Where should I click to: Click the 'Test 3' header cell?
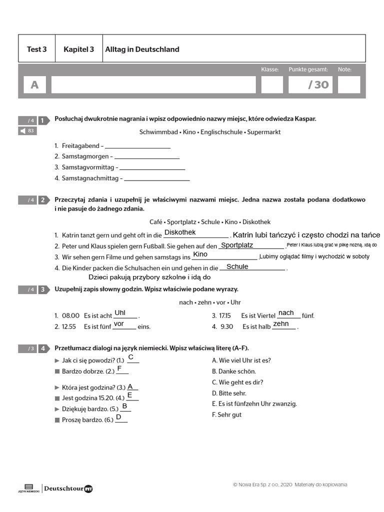(x=36, y=49)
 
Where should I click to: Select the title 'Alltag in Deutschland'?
(x=142, y=49)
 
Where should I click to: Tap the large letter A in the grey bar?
(x=34, y=85)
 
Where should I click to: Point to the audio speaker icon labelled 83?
(x=27, y=131)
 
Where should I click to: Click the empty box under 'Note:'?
(x=348, y=85)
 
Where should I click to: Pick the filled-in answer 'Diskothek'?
(x=180, y=232)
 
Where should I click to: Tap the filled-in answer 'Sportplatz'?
(x=237, y=245)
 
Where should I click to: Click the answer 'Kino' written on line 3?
(x=200, y=254)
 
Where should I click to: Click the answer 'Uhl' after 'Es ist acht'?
(x=120, y=313)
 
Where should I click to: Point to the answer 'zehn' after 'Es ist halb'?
(x=281, y=324)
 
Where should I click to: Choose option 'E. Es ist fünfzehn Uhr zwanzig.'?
(x=254, y=404)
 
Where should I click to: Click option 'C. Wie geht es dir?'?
(x=237, y=382)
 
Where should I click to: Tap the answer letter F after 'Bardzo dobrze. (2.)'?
(x=119, y=369)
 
